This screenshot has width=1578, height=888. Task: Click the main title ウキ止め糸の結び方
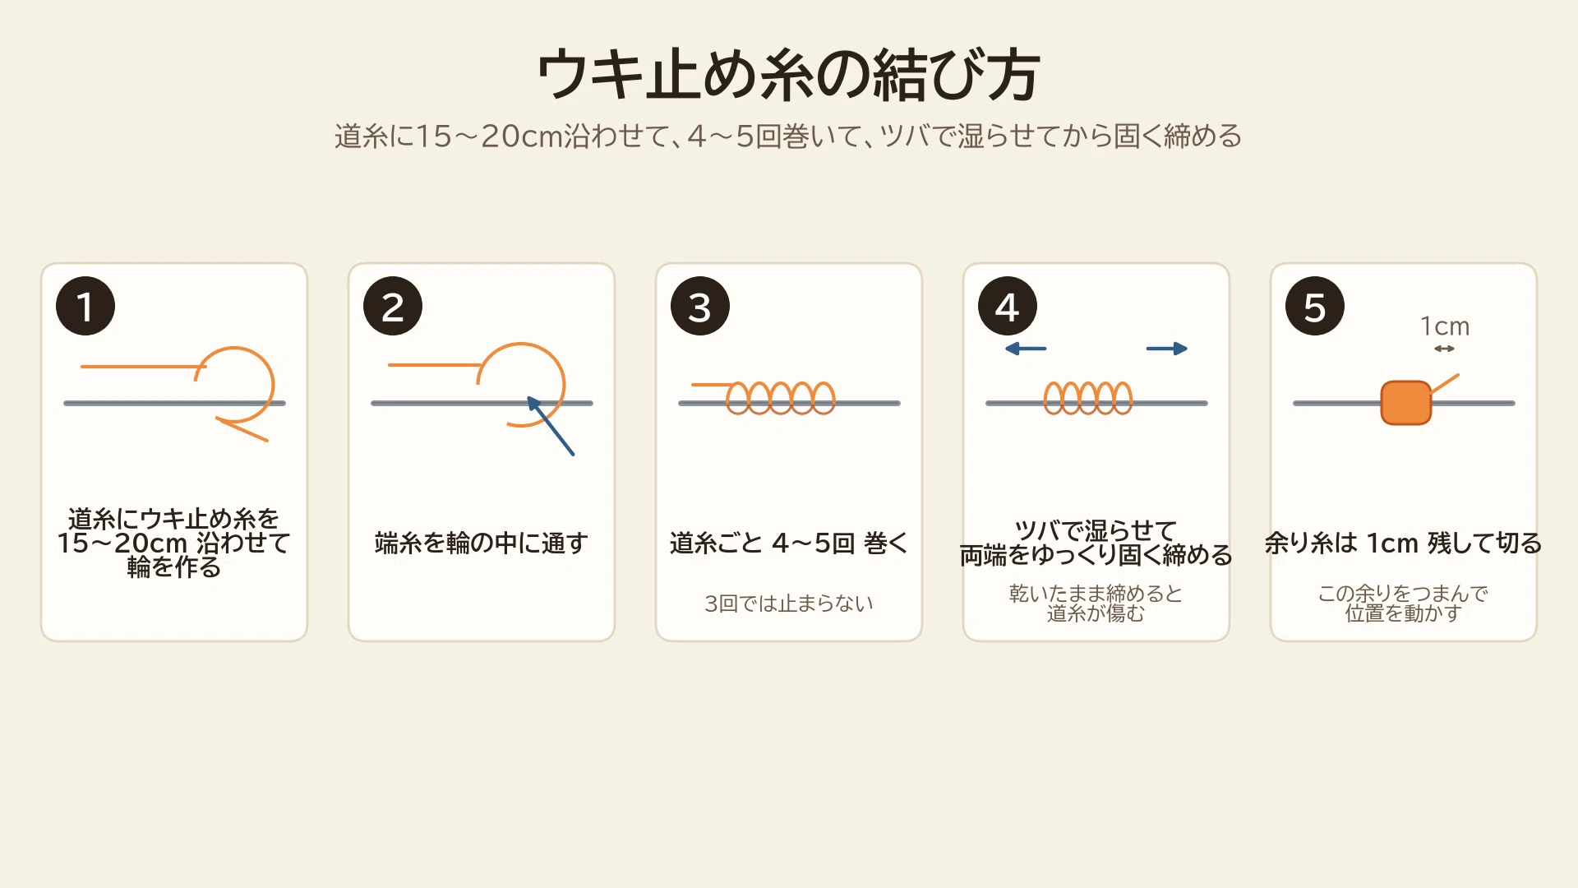[789, 74]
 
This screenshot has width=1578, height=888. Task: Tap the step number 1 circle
[85, 306]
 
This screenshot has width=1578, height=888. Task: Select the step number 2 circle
[393, 306]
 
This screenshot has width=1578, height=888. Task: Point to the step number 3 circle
[700, 306]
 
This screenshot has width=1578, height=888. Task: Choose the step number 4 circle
[1008, 306]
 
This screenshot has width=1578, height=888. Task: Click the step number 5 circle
[1315, 306]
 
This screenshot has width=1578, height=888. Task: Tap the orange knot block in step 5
[1406, 403]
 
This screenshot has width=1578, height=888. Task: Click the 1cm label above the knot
[1445, 326]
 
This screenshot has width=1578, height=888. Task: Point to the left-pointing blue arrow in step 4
[1026, 349]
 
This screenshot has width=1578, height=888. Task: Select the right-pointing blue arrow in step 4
[1167, 349]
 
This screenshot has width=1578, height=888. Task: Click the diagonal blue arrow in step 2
[551, 426]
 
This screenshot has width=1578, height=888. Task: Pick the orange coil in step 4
[1088, 398]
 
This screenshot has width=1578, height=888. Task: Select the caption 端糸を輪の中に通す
[482, 543]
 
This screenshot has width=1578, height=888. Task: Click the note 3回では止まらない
[789, 604]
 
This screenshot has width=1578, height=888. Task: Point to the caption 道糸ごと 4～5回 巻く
[789, 543]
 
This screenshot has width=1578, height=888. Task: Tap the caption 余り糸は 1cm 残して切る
[1404, 543]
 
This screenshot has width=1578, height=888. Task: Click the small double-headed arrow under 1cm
[1445, 349]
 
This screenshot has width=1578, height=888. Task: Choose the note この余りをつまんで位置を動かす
[1404, 604]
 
